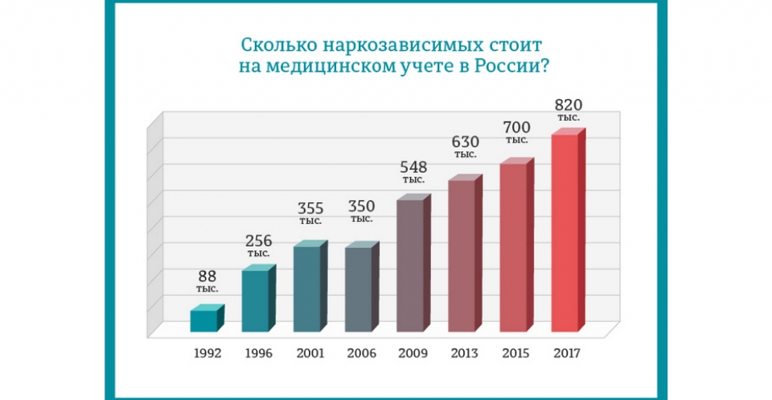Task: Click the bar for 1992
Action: point(204,320)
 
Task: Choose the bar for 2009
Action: point(410,265)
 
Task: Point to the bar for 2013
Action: point(462,255)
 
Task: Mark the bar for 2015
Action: point(513,247)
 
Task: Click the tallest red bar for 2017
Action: point(565,233)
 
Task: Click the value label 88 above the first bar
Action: point(207,275)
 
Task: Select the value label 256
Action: point(258,241)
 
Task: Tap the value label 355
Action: point(310,209)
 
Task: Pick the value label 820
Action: point(568,105)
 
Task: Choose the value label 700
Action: point(516,127)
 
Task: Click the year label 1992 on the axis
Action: point(207,353)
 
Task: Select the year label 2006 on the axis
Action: point(362,353)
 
